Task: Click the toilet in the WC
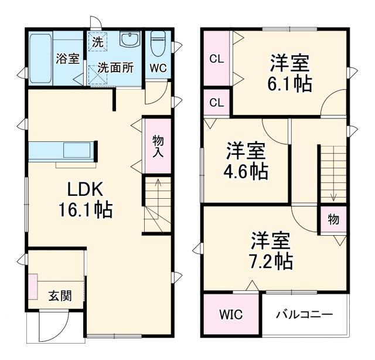click(x=158, y=44)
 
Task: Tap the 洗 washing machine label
click(x=97, y=42)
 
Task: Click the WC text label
click(x=158, y=68)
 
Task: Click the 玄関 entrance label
click(x=60, y=296)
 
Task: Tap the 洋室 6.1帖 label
click(x=290, y=73)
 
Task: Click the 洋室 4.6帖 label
click(x=247, y=161)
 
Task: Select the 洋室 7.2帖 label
click(x=272, y=250)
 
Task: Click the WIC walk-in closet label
click(x=231, y=315)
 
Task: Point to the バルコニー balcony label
click(x=305, y=315)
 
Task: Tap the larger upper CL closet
click(x=216, y=59)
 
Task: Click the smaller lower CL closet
click(x=216, y=103)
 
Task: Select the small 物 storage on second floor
click(x=332, y=220)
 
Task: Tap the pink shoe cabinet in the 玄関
click(x=32, y=287)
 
